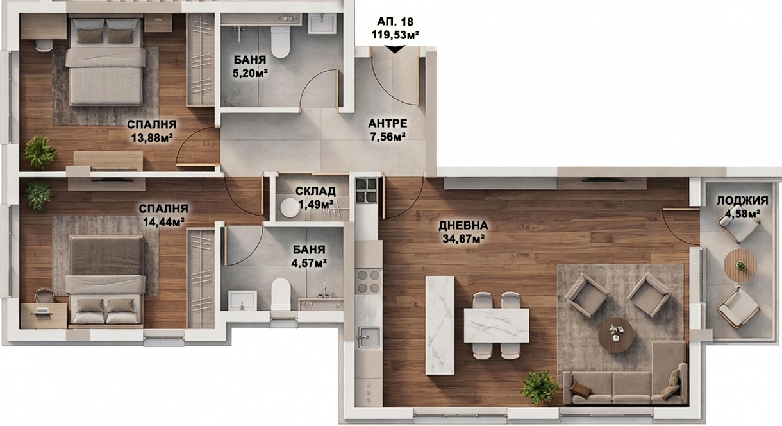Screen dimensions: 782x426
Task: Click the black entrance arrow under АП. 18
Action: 395,49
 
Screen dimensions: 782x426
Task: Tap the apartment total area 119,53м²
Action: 395,35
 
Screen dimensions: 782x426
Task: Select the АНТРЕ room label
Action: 388,123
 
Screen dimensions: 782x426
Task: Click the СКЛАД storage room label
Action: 315,191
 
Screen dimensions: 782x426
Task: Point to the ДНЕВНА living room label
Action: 463,226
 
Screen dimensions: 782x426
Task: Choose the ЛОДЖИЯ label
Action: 742,201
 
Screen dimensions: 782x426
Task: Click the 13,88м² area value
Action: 152,138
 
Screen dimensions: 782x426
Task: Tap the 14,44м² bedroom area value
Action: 163,221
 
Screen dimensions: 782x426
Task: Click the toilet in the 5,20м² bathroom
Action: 281,42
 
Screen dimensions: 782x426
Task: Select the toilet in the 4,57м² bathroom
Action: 281,294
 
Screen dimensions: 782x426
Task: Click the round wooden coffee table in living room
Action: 615,335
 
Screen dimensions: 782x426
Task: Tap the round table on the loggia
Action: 740,266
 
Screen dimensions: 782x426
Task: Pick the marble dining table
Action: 496,325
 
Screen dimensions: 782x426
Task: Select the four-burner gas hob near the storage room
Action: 367,191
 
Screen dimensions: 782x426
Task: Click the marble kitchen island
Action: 440,325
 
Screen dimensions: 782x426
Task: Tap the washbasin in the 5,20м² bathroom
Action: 322,23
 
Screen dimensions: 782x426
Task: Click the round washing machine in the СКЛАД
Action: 290,208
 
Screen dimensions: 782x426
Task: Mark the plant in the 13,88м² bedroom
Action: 39,152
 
